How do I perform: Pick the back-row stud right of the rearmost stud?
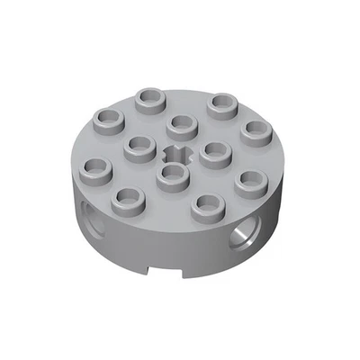pos(220,103)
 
